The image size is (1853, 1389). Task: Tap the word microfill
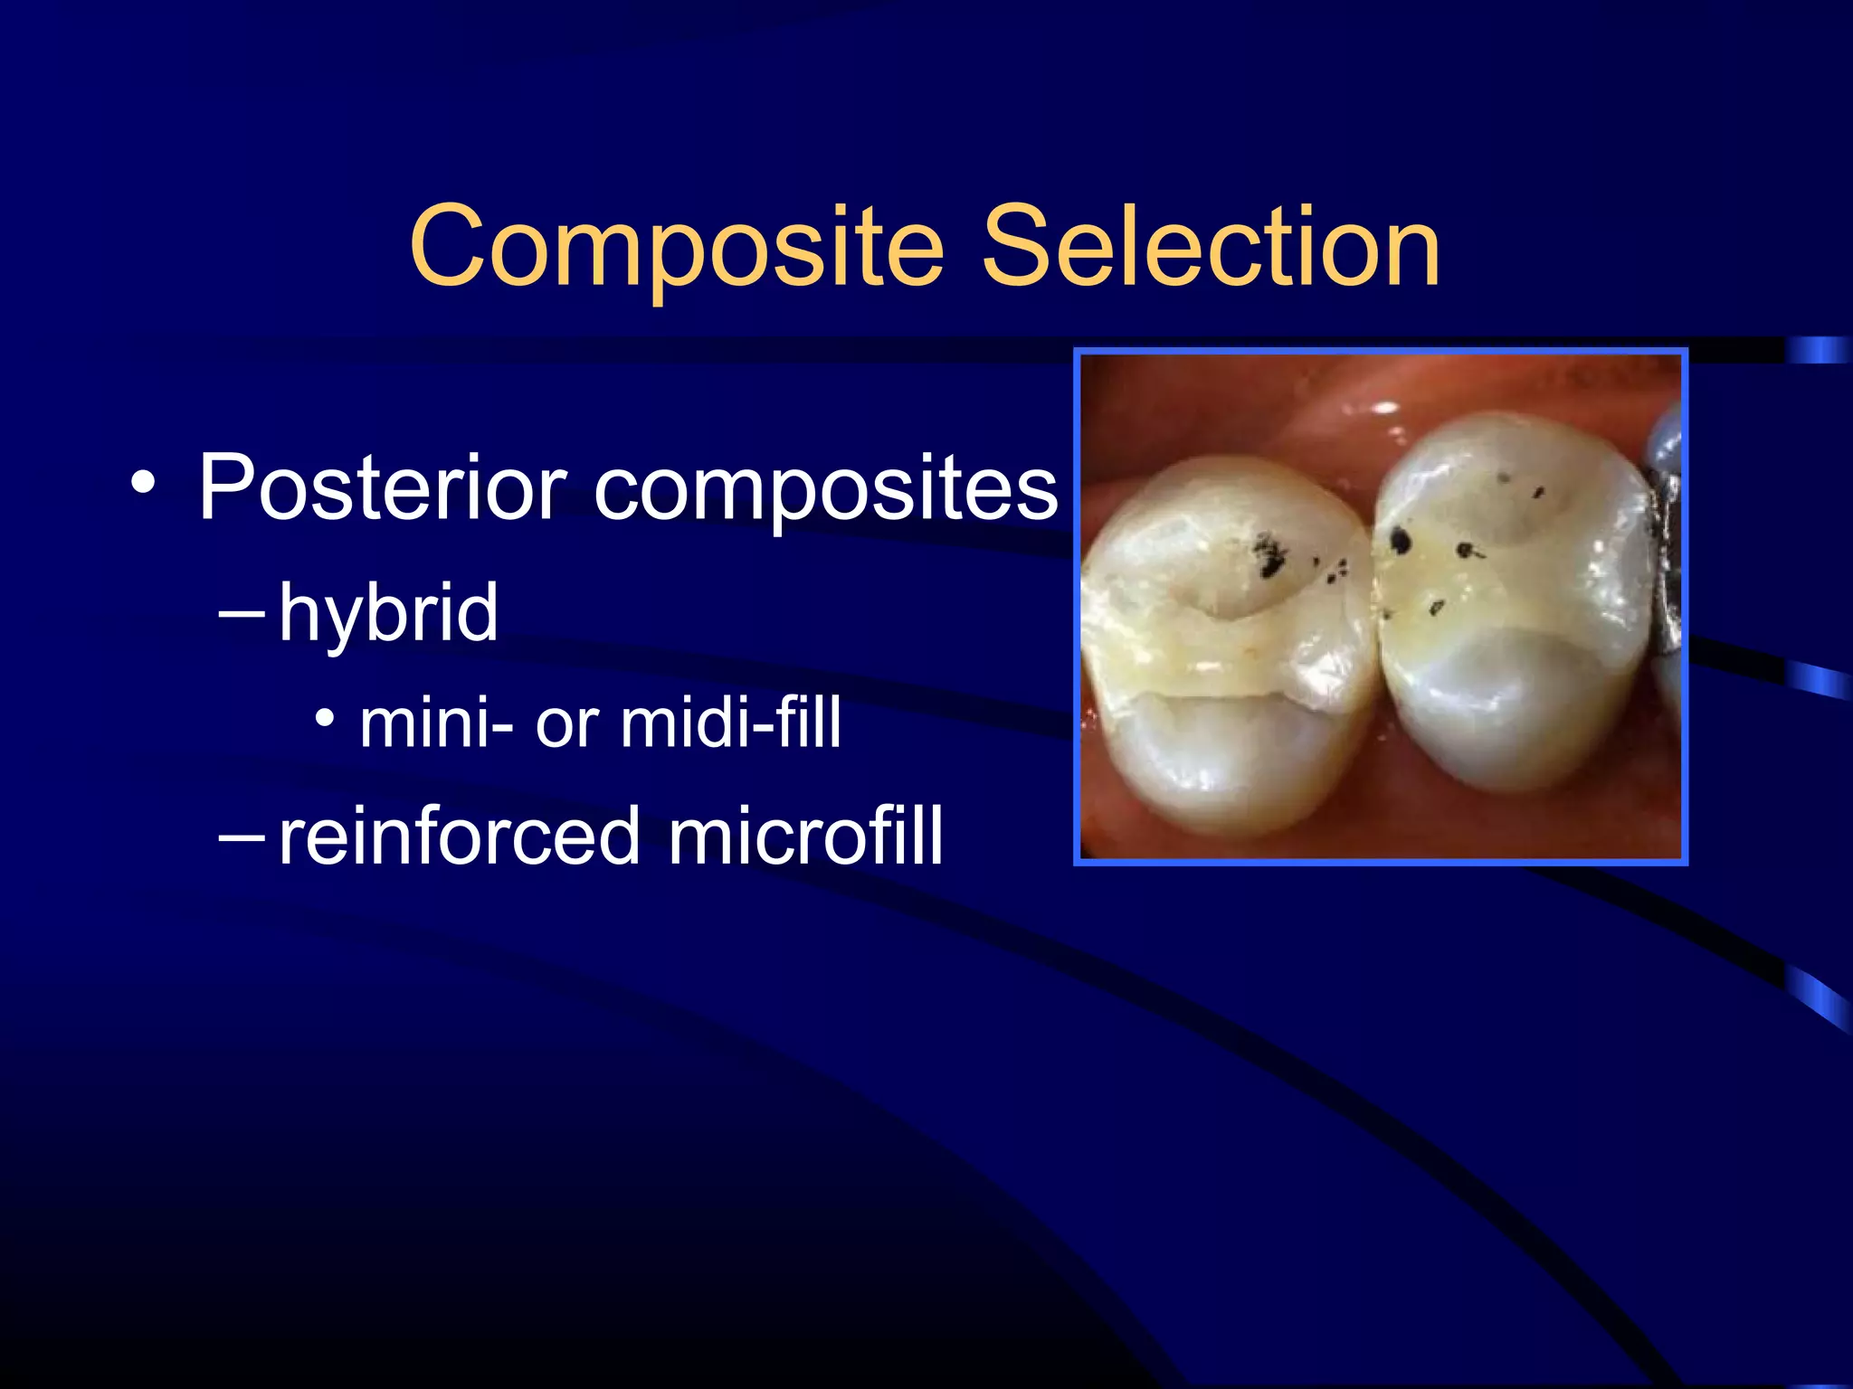805,836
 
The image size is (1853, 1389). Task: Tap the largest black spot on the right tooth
1400,541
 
